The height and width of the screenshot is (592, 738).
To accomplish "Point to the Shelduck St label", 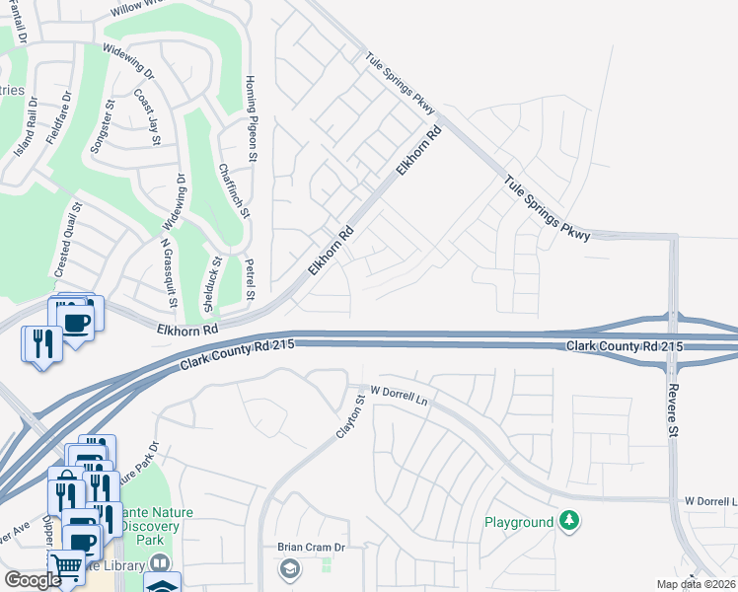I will click(210, 284).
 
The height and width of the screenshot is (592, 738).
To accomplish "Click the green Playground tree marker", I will click(569, 520).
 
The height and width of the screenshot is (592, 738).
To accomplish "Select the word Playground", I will click(519, 521).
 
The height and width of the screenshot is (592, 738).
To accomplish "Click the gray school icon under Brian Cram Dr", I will click(290, 568).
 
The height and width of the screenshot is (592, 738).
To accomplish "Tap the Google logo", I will click(33, 580).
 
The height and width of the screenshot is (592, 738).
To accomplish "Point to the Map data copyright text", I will click(697, 584).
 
